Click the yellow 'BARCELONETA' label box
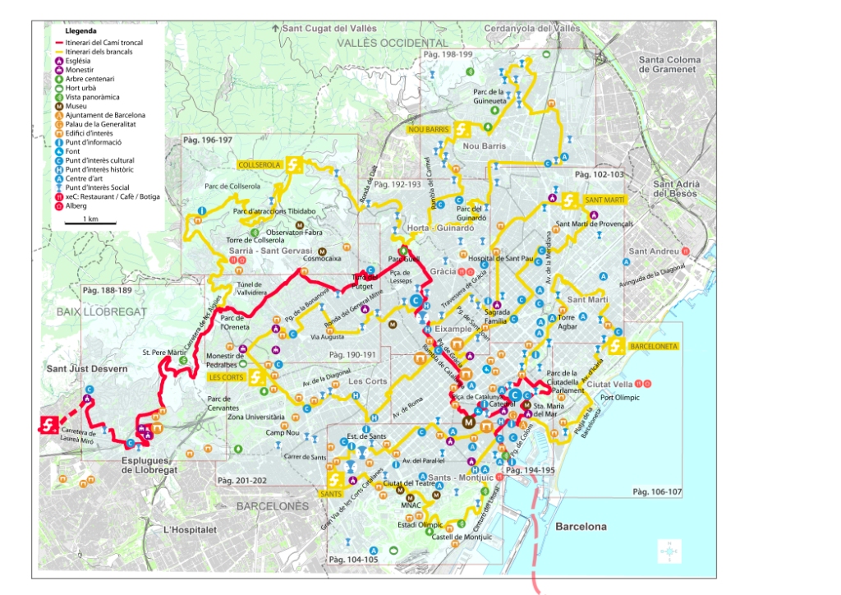[x=654, y=347]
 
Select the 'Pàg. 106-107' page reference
[x=657, y=491]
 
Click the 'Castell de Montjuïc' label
[x=462, y=537]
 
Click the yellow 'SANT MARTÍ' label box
[x=604, y=200]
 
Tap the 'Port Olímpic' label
[x=619, y=398]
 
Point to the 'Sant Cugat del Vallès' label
[x=329, y=29]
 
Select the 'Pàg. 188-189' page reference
[x=107, y=290]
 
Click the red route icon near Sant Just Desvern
[x=49, y=425]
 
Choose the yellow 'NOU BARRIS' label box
[x=428, y=129]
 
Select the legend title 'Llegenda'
[x=80, y=30]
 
